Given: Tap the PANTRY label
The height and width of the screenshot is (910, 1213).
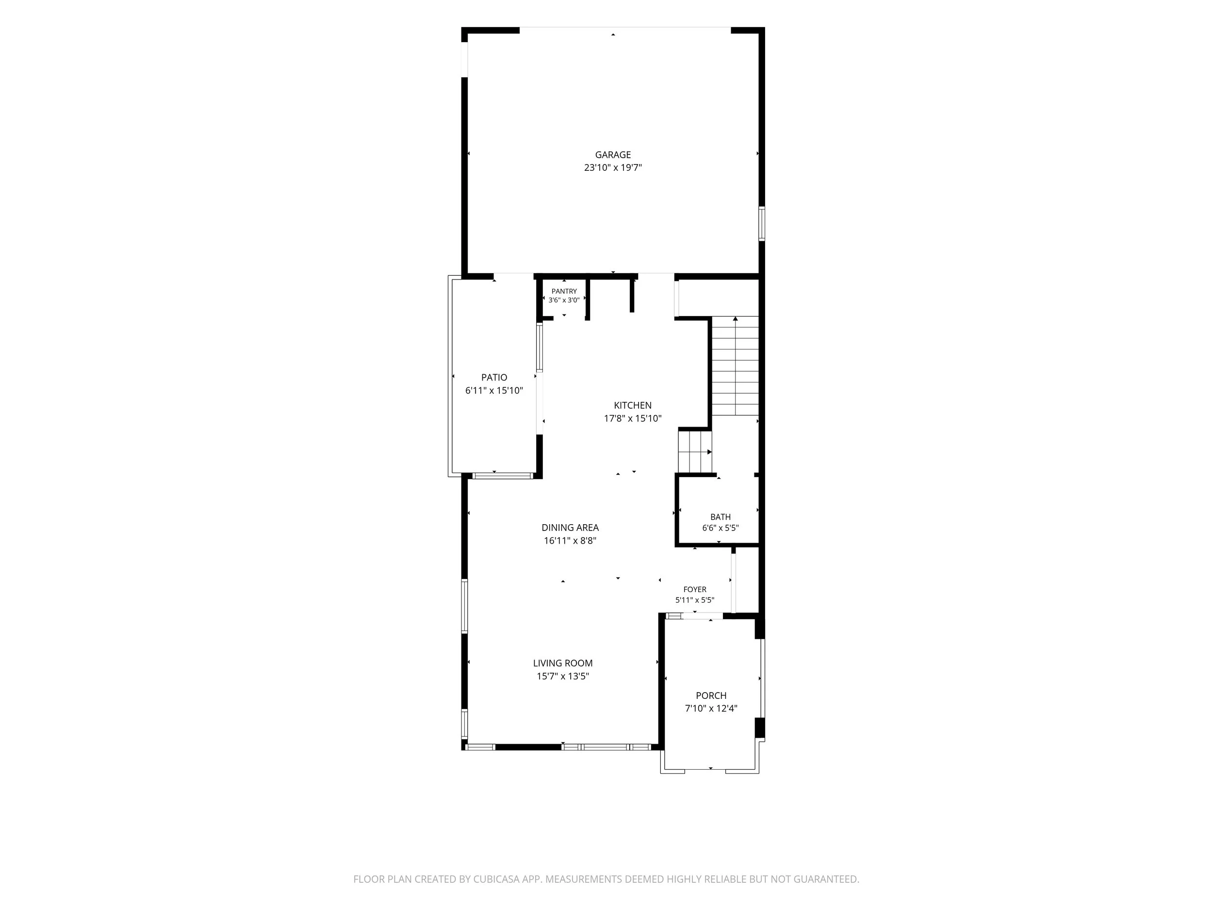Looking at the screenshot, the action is point(564,291).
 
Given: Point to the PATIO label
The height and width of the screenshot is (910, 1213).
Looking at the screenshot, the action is point(494,378).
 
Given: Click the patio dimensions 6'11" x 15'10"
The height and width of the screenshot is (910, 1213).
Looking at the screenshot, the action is point(494,391).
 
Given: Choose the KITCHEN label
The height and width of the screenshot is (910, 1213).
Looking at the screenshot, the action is point(632,405).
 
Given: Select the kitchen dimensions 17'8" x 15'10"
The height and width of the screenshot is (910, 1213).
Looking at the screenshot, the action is point(632,418).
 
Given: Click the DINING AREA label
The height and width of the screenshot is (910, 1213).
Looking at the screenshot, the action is point(570,528).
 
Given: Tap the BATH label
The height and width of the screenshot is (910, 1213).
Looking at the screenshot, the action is point(720,517).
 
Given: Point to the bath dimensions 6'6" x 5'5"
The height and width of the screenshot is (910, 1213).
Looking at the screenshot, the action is point(720,528).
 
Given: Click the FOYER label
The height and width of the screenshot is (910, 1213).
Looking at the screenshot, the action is point(695,590).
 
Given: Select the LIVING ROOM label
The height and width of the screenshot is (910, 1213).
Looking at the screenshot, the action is point(563,663).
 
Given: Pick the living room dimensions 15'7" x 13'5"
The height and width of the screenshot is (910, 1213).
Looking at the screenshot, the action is point(563,677).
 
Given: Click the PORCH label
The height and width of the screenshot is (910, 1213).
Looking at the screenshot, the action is point(711,695).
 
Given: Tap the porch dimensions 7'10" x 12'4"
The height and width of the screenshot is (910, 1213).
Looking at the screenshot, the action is point(711,709).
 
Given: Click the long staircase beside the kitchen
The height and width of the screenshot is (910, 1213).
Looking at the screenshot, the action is point(735,366).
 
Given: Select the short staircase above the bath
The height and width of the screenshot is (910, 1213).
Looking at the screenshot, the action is point(695,452).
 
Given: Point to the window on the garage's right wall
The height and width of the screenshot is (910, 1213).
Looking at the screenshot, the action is point(762,224).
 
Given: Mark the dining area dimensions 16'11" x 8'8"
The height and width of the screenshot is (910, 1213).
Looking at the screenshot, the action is point(570,541).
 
